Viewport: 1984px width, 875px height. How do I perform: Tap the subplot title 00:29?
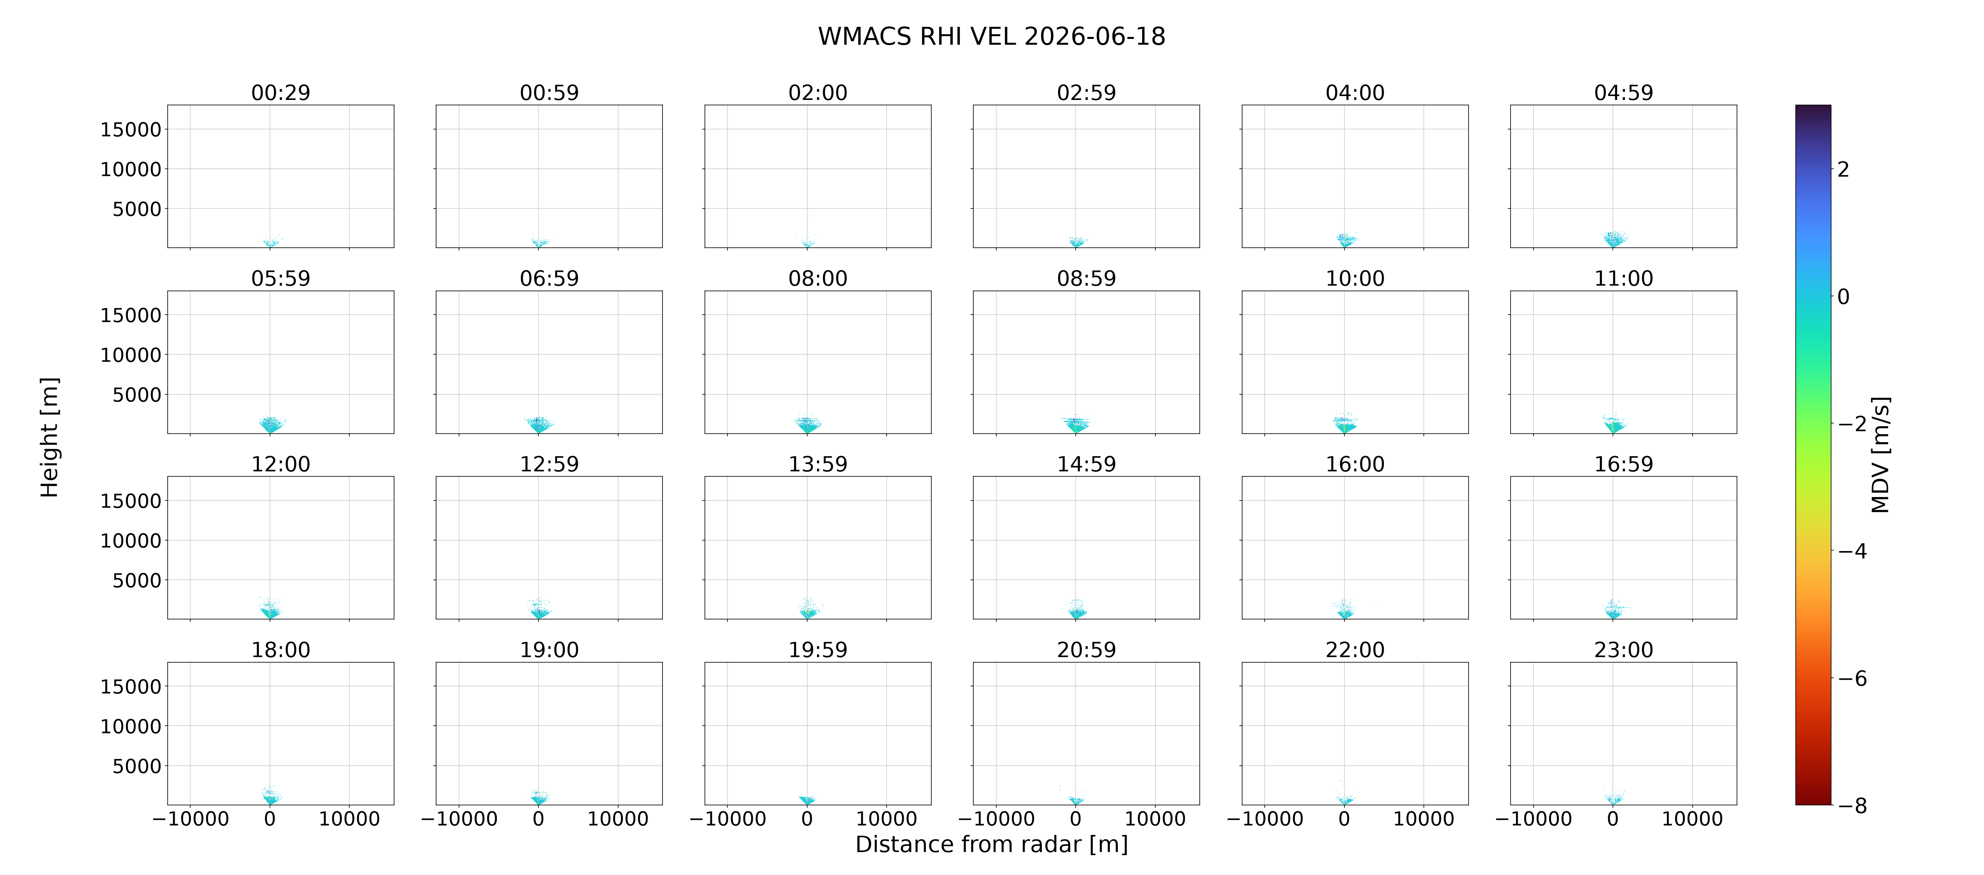(280, 93)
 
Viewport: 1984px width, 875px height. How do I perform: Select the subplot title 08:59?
(1086, 278)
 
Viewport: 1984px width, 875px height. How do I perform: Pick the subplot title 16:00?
(1355, 464)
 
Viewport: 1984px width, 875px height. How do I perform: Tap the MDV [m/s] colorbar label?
(1880, 455)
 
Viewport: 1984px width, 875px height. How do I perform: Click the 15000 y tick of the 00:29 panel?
(131, 129)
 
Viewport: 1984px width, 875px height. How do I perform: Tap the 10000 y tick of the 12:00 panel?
(131, 541)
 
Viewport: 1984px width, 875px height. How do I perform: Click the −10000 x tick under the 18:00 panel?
(190, 819)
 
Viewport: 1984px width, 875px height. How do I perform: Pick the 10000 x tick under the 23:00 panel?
(1692, 819)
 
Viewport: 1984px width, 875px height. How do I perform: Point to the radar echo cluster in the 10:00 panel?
(1345, 423)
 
